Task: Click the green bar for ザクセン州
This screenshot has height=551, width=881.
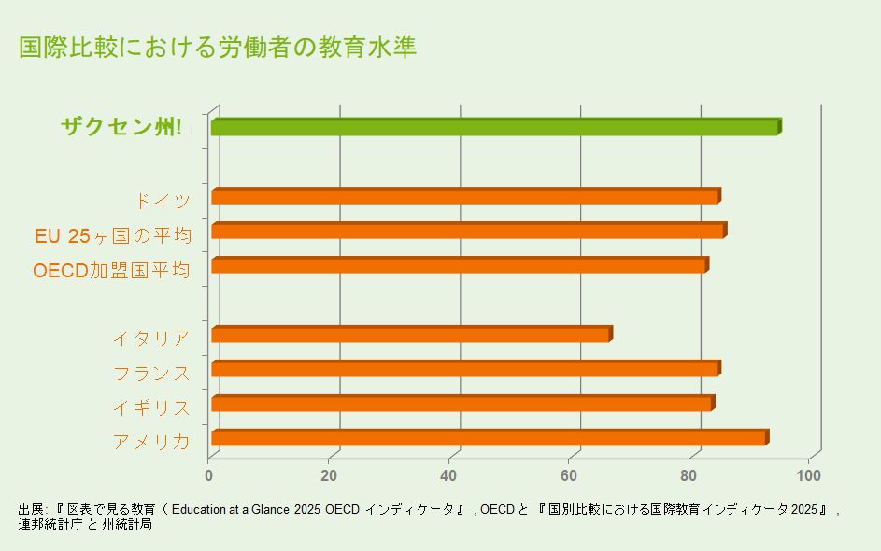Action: (x=495, y=128)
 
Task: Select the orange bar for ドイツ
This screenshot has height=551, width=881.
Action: (x=464, y=197)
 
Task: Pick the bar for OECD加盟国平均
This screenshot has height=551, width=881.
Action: (x=459, y=266)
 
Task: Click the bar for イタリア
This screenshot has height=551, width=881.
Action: (x=411, y=334)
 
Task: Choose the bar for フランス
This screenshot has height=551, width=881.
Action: (x=464, y=369)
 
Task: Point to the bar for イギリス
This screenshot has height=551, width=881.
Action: (x=462, y=403)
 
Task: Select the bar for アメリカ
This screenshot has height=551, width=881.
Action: (x=489, y=438)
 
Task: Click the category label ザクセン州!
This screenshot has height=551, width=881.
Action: (x=121, y=128)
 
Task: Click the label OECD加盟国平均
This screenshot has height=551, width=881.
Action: (x=111, y=271)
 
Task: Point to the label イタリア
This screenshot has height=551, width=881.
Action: (x=151, y=339)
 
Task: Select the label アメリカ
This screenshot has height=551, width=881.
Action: (x=151, y=442)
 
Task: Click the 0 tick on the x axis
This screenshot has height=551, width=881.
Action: (x=209, y=475)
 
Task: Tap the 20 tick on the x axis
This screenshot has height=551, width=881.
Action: (x=329, y=475)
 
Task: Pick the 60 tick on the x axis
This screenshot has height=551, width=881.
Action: (x=570, y=475)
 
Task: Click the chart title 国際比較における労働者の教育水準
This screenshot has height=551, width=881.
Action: (x=218, y=48)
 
